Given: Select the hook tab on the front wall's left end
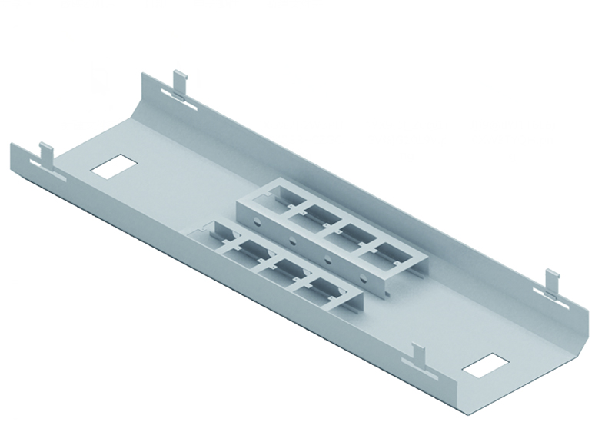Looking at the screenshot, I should tap(45, 155).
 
